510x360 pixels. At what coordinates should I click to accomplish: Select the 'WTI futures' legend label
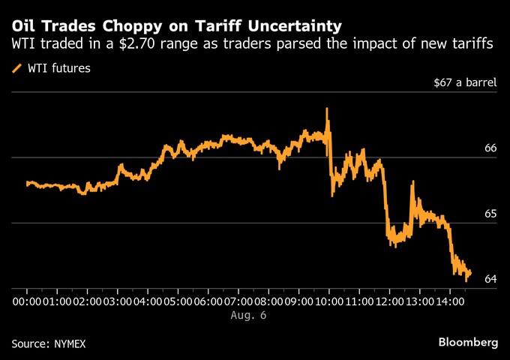coord(60,69)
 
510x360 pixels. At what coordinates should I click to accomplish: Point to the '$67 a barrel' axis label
coord(465,83)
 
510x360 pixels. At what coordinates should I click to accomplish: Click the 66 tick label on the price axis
coord(490,148)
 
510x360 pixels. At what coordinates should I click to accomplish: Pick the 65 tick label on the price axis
coord(490,214)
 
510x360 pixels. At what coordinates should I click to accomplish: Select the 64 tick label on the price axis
coord(490,279)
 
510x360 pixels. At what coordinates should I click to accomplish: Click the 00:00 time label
coord(27,301)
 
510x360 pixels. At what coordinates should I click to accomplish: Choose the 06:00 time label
coord(208,301)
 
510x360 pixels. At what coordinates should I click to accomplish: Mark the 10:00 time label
coord(329,301)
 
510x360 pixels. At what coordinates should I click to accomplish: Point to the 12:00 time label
coord(390,301)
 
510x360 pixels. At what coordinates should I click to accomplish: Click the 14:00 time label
coord(451,301)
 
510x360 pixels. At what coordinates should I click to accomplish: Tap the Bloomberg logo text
coord(468,342)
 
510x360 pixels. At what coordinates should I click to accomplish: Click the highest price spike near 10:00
coord(327,109)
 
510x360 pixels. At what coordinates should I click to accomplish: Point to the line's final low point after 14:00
coord(466,280)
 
